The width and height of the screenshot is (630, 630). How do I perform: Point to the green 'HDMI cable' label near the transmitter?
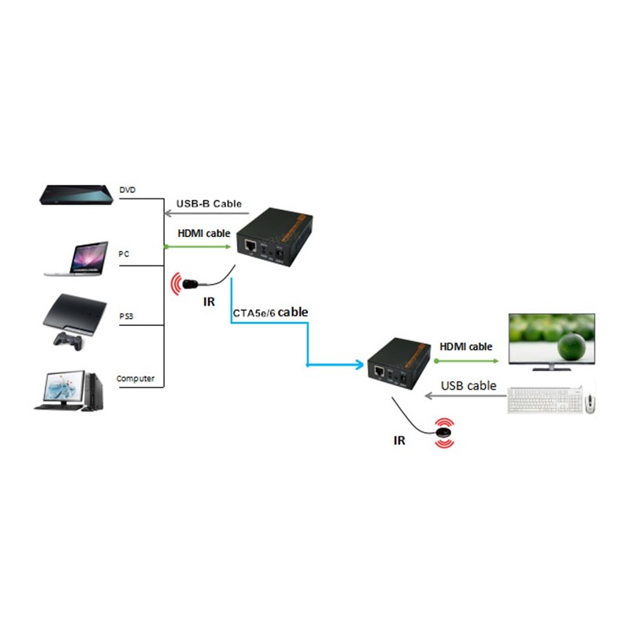click(x=202, y=233)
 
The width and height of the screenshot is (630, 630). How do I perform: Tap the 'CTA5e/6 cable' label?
click(x=269, y=313)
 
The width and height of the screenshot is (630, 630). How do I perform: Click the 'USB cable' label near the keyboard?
click(x=469, y=385)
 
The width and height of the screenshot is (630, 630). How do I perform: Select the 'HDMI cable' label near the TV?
click(x=465, y=346)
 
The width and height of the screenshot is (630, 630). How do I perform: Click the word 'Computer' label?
click(x=135, y=379)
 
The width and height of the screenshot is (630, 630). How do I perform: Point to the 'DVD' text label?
click(x=128, y=191)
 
